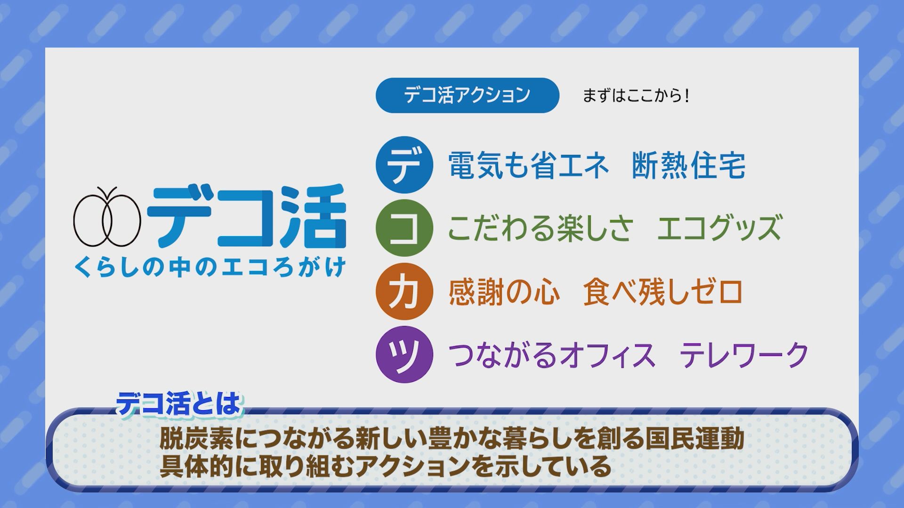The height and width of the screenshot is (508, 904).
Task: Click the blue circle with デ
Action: click(404, 165)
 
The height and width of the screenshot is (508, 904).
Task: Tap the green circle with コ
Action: click(404, 228)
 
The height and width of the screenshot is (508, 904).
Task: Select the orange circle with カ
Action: click(404, 292)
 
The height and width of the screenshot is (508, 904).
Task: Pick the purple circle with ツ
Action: click(404, 354)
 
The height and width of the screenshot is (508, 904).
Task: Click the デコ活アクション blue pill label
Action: click(467, 95)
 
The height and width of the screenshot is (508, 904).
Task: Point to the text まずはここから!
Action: click(636, 96)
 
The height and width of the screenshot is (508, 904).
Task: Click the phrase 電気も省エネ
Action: click(528, 166)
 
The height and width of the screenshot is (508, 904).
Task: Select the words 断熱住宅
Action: click(688, 166)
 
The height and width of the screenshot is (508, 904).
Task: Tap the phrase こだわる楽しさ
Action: click(540, 228)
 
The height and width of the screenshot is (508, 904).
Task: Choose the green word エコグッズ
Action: click(719, 228)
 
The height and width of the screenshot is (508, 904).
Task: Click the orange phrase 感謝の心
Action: click(504, 292)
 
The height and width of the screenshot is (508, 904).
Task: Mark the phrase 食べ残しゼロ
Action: click(663, 292)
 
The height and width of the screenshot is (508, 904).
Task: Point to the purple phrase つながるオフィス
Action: click(551, 355)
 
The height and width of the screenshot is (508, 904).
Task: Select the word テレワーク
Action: click(744, 355)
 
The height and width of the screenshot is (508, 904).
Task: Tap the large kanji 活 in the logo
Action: click(313, 216)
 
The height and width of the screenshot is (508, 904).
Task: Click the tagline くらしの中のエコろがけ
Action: click(210, 268)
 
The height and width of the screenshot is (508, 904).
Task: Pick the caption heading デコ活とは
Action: click(179, 403)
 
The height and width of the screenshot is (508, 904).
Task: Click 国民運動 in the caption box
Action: click(694, 438)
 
